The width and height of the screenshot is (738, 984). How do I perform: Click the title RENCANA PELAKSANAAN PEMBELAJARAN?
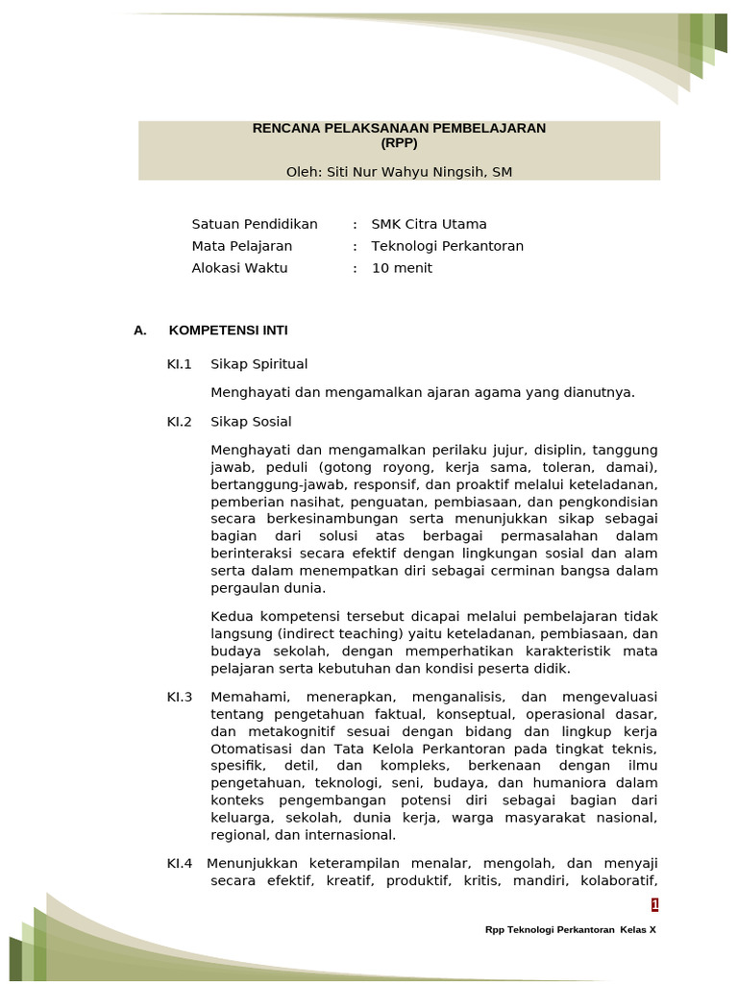(399, 128)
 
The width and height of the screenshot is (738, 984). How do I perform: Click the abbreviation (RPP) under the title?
(399, 142)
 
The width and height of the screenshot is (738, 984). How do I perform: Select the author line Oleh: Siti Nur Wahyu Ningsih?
(399, 172)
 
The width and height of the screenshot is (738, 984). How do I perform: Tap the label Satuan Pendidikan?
(255, 224)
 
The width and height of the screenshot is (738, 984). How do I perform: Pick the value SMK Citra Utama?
(429, 224)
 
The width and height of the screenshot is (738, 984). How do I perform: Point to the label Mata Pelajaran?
(242, 246)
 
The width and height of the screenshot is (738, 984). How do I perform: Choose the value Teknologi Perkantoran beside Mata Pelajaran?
(448, 246)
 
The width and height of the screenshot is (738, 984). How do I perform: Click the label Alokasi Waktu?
(240, 268)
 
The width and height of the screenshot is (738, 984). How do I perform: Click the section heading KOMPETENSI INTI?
(228, 331)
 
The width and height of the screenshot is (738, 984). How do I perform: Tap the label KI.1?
(180, 364)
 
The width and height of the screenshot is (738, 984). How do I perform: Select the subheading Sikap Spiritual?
(259, 364)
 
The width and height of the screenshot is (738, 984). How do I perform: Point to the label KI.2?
(180, 422)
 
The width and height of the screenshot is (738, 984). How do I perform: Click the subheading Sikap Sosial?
(251, 422)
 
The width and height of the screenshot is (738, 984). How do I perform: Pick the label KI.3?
(180, 697)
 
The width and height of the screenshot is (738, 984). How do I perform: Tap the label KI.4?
(180, 863)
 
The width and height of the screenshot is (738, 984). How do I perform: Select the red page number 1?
(654, 905)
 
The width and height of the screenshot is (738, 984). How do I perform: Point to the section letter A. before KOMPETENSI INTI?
(140, 331)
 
